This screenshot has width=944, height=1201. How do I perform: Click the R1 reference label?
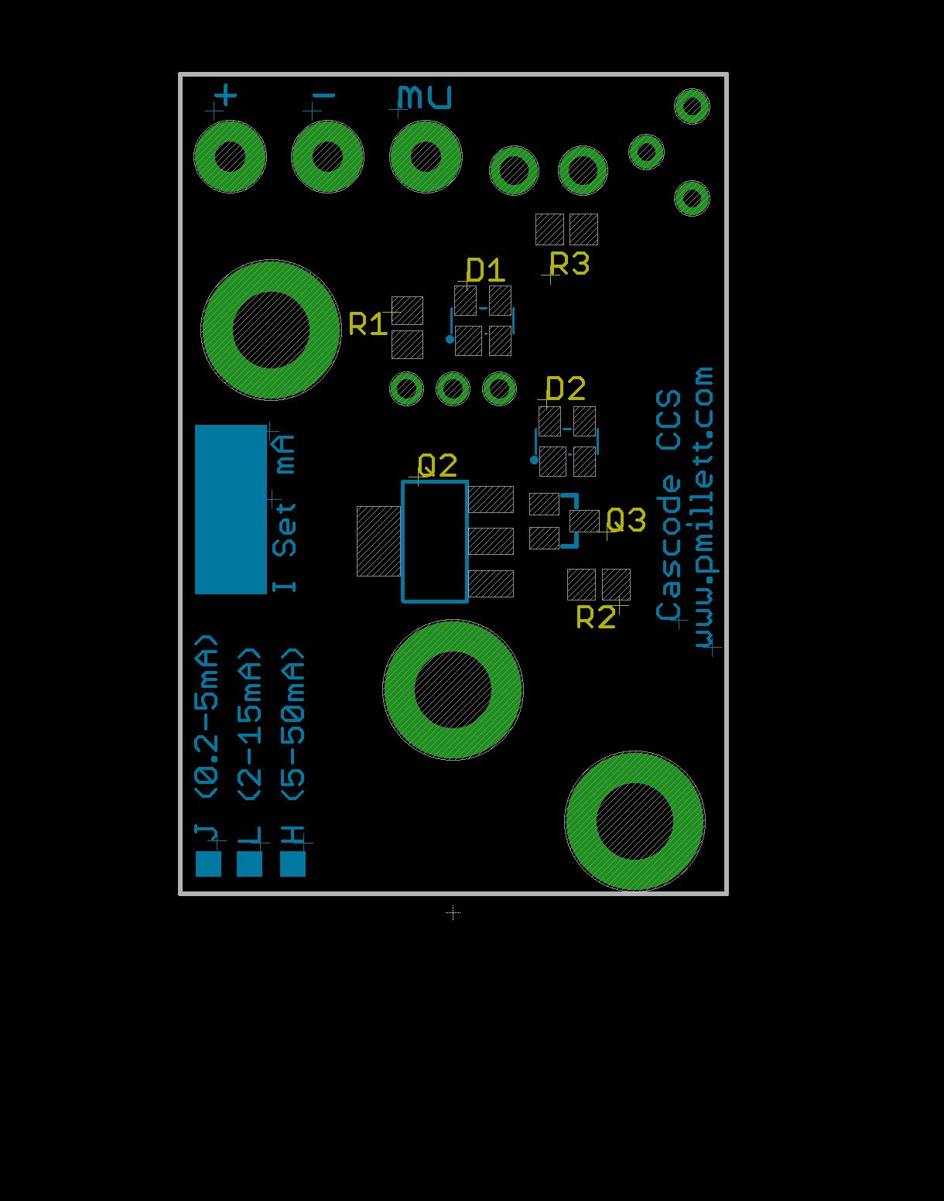point(368,324)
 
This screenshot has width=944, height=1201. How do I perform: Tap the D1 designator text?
point(485,270)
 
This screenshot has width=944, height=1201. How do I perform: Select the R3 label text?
point(569,264)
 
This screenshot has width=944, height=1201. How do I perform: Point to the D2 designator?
point(566,388)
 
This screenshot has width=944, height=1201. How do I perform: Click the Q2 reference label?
point(437,466)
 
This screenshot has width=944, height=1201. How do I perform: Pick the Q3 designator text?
point(626,521)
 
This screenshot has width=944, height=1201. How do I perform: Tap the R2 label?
point(596,618)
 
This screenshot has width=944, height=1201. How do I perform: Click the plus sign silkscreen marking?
point(226,96)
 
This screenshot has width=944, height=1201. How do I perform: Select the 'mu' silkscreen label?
point(424,98)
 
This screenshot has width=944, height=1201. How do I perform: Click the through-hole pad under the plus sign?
point(230,157)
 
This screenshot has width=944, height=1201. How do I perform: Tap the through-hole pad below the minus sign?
point(327,157)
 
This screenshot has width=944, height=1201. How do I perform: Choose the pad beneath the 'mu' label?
point(426,157)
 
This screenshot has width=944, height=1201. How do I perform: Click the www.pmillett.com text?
point(705,510)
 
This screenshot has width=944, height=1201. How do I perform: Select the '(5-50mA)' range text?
point(293,724)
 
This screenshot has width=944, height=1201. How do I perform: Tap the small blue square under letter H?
point(292,864)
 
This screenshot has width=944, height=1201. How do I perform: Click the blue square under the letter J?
point(208,864)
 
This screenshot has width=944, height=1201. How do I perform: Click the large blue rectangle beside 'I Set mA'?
point(231,509)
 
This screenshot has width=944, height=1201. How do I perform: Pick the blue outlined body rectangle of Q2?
point(435,541)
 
